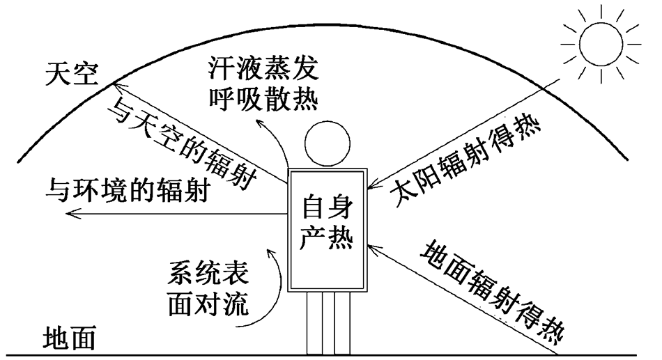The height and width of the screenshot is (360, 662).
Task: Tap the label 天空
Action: click(72, 73)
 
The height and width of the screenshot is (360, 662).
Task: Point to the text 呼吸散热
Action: click(263, 100)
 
